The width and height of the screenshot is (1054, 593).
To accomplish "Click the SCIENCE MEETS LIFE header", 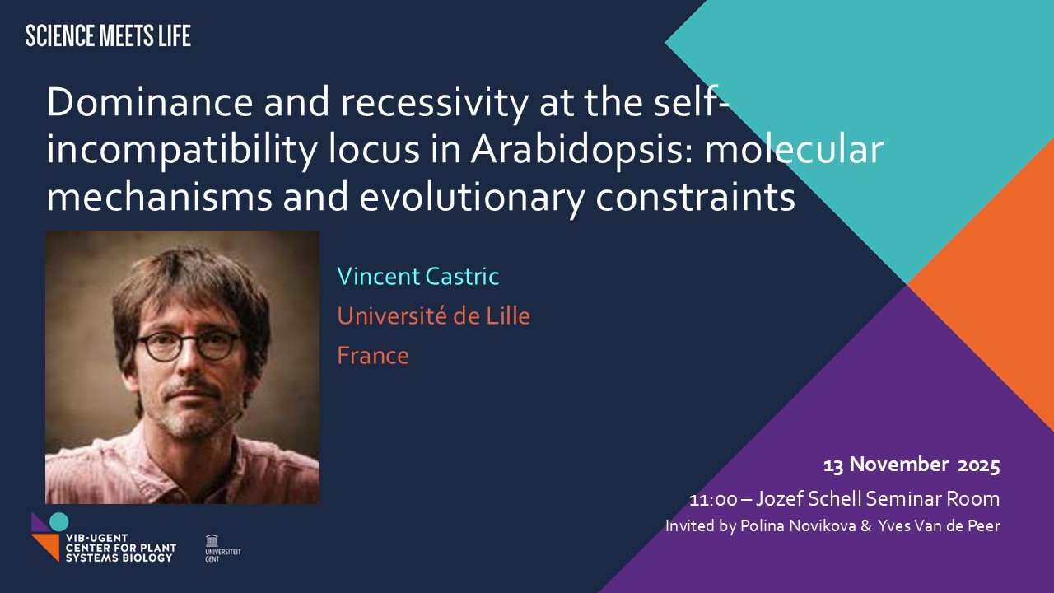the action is tap(108, 35).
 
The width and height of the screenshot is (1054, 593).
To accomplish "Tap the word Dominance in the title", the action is tap(150, 102).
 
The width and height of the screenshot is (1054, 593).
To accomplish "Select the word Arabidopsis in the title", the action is tap(582, 151).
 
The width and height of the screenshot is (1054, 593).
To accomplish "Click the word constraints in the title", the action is tap(696, 198).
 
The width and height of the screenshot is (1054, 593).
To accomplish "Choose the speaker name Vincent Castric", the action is tap(417, 276).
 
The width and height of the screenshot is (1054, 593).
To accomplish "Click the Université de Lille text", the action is tap(433, 315).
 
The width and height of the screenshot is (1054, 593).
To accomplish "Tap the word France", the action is tap(373, 356).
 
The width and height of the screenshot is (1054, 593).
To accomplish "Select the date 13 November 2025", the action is tap(912, 465).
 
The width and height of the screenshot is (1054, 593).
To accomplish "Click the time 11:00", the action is tap(713, 499).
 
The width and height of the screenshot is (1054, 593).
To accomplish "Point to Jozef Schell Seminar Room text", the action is tap(878, 499).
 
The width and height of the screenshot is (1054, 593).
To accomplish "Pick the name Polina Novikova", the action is tap(798, 525).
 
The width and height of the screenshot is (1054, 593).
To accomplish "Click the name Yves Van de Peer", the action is tap(940, 525).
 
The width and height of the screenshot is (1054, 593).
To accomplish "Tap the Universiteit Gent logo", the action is tap(222, 548).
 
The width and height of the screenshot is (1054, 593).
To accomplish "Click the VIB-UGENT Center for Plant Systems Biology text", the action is tap(121, 548).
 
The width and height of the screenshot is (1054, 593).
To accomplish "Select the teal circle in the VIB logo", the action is tap(58, 522).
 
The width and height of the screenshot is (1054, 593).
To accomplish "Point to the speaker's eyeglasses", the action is tap(189, 345).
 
